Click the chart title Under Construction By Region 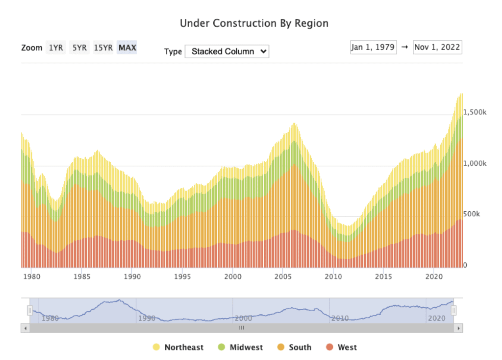254,23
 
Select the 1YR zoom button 56,48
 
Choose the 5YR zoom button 79,48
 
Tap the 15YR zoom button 103,48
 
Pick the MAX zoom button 127,48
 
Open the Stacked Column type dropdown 227,52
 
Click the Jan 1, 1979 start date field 373,47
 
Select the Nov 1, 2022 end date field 437,47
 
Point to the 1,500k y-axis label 475,112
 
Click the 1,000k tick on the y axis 475,163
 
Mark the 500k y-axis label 471,214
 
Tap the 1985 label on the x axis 82,276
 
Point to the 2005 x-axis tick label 283,276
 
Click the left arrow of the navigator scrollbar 25,328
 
